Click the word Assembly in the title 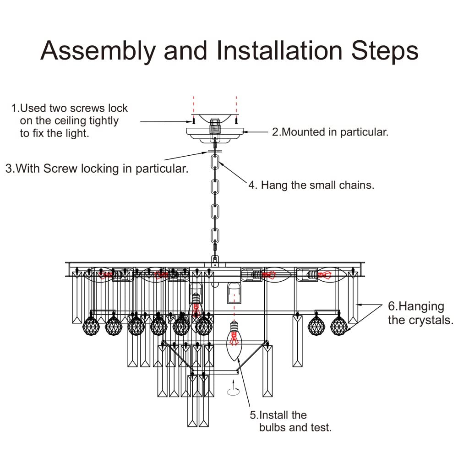[x=98, y=51]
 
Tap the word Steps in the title [x=385, y=51]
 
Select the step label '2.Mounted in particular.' [x=330, y=132]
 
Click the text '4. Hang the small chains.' [x=311, y=185]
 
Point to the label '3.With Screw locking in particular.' [x=97, y=169]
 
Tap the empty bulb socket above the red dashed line [x=234, y=293]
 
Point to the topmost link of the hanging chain [x=215, y=162]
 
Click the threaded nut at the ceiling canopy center [x=215, y=121]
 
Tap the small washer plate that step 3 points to [x=215, y=151]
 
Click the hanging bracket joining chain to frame [x=215, y=262]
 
